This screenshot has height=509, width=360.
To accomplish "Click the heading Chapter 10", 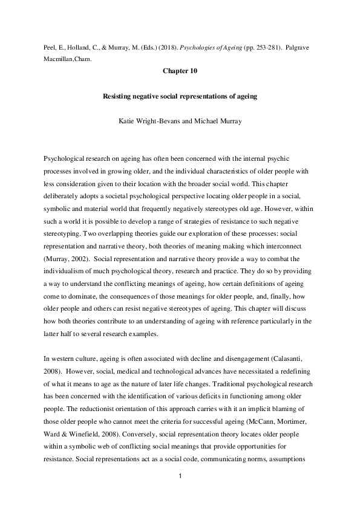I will (180, 71).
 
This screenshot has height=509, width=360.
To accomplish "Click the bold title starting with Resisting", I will (180, 96).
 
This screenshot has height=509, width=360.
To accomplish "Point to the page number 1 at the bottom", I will (180, 476).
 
